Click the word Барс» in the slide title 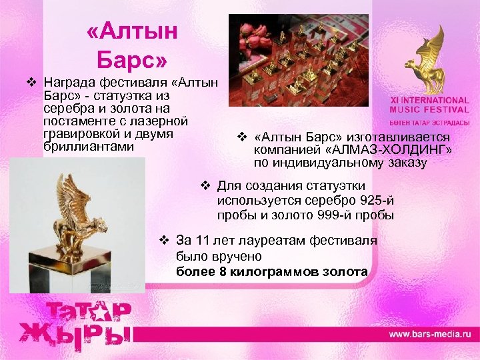coord(132,61)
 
